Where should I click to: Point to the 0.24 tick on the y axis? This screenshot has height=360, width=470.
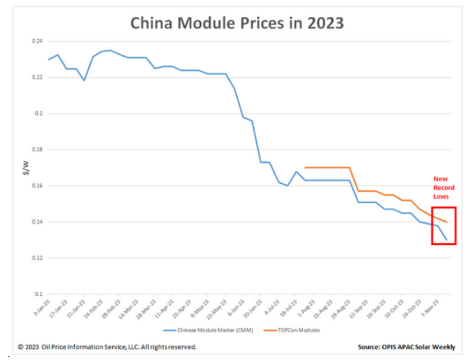[37, 41]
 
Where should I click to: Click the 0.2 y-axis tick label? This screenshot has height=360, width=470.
[38, 113]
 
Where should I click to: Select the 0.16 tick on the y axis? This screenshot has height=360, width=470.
[37, 186]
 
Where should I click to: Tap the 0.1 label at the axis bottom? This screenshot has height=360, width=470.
[38, 294]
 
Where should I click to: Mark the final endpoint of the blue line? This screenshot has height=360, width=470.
[446, 240]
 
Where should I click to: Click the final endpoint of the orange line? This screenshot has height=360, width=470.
[446, 222]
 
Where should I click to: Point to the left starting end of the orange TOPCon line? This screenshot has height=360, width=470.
[305, 168]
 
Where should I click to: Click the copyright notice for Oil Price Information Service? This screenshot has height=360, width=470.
[107, 347]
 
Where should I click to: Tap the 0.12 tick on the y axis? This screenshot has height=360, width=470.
[37, 258]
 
